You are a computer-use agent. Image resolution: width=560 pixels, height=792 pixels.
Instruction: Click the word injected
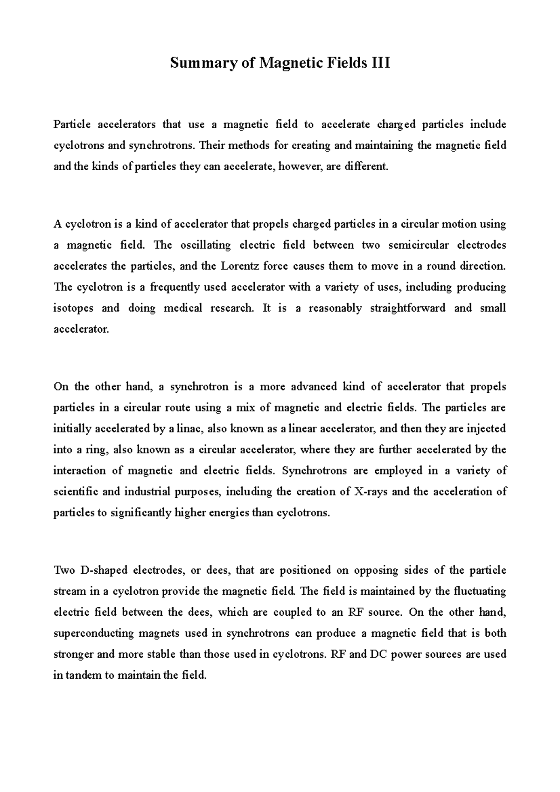[x=488, y=429]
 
